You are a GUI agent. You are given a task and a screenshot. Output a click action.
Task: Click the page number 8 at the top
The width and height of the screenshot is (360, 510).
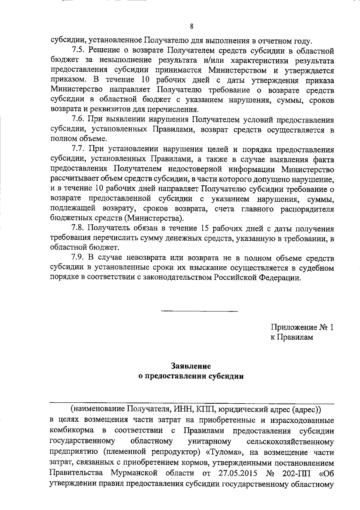pyautogui.click(x=191, y=26)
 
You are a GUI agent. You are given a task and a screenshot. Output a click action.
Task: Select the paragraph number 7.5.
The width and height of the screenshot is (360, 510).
pyautogui.click(x=78, y=51)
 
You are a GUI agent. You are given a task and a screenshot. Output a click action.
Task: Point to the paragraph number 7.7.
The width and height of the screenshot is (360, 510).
pyautogui.click(x=78, y=149)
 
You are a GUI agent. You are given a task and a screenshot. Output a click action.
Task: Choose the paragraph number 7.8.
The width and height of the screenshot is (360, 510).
pyautogui.click(x=78, y=228)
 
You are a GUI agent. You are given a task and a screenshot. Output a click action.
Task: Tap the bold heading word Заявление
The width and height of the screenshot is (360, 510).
pyautogui.click(x=191, y=366)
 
